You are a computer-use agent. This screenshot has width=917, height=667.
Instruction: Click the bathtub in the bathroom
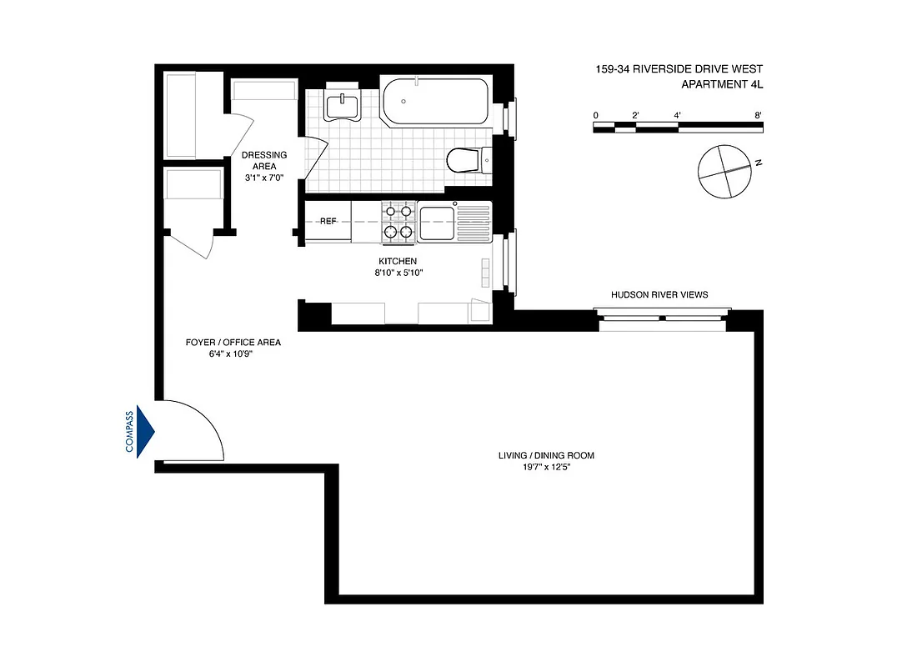pos(434,103)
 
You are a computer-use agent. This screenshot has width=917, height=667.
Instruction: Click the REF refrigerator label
pos(328,222)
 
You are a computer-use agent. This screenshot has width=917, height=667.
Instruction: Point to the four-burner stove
pos(398,223)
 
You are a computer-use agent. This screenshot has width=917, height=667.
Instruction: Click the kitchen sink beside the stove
pos(437,223)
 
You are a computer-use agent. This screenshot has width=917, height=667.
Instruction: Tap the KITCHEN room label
pos(398,261)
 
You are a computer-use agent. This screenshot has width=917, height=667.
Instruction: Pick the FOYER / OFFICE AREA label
pos(233,343)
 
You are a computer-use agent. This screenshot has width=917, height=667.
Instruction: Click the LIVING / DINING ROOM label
pos(546,455)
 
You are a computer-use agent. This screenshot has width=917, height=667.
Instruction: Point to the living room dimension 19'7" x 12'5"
pos(546,467)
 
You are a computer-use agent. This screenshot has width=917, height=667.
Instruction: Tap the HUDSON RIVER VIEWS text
pos(659,294)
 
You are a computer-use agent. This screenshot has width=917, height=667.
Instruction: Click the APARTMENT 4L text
pos(722,84)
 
